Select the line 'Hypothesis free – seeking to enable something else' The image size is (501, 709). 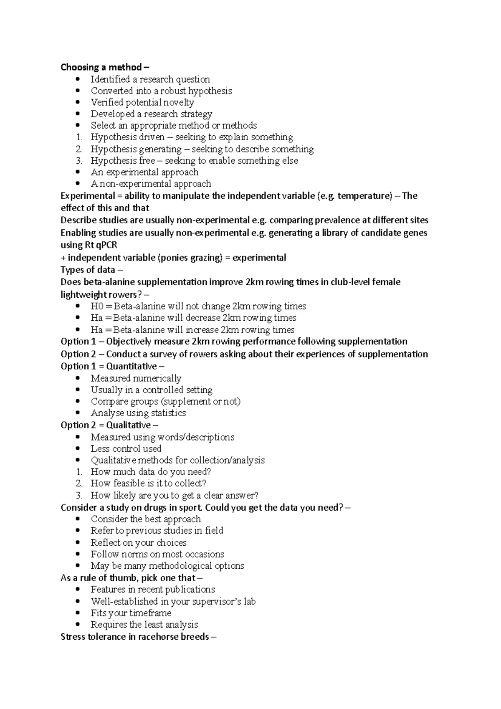194,161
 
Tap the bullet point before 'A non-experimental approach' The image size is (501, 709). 78,184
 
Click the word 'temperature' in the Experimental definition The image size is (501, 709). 364,196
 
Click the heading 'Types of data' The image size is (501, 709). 88,270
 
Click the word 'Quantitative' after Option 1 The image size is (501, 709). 132,366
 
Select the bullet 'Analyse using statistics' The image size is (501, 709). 138,413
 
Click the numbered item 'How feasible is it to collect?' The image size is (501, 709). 148,484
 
